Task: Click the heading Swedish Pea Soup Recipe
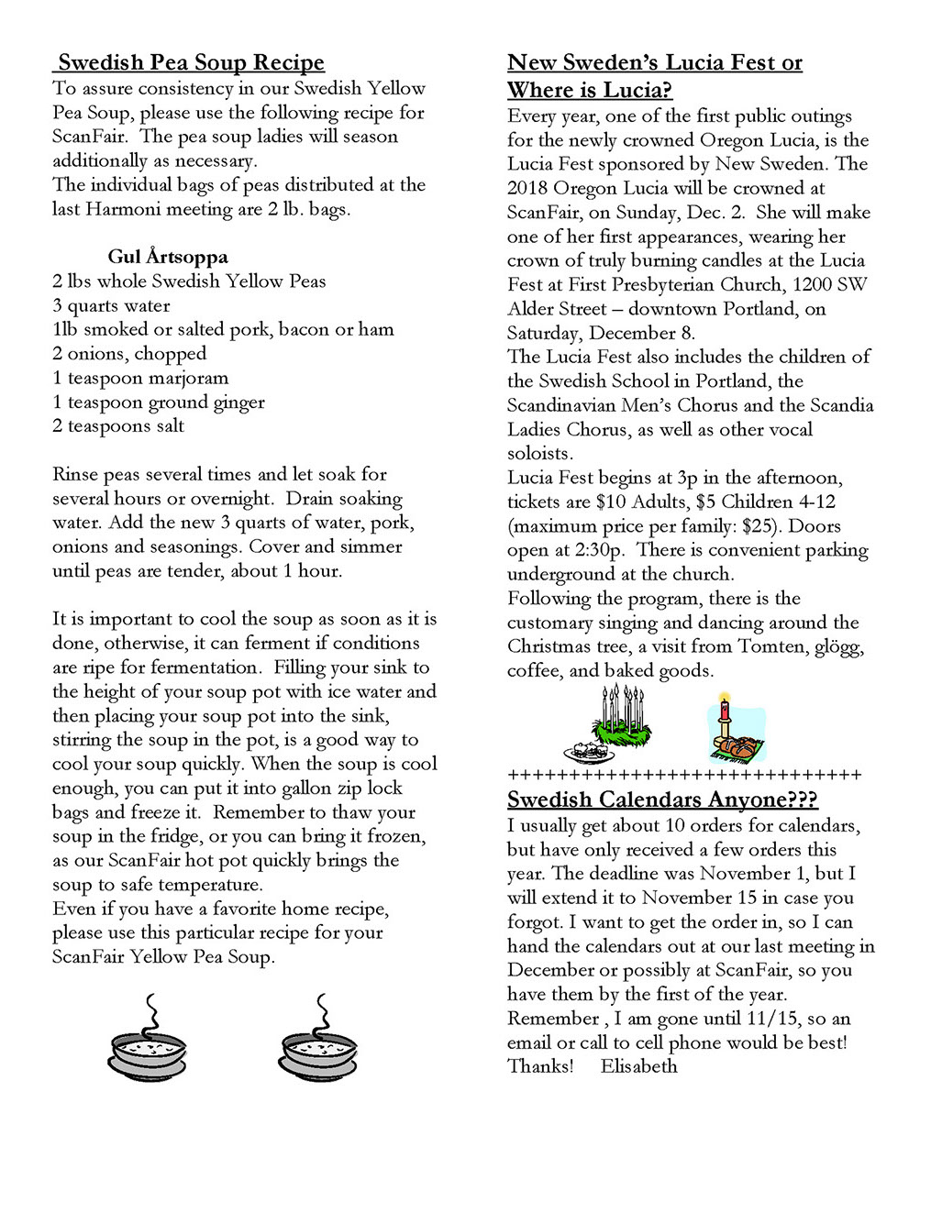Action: pyautogui.click(x=191, y=62)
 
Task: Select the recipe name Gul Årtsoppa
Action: pyautogui.click(x=168, y=257)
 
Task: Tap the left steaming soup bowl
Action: pyautogui.click(x=149, y=1040)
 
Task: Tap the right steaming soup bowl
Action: pyautogui.click(x=317, y=1040)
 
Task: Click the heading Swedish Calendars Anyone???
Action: pyautogui.click(x=662, y=799)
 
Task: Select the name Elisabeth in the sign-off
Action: pyautogui.click(x=638, y=1066)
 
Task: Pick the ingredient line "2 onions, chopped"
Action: pyautogui.click(x=129, y=354)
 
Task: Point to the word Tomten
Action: pyautogui.click(x=773, y=646)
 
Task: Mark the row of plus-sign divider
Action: pyautogui.click(x=684, y=775)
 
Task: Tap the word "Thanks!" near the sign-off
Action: pyautogui.click(x=540, y=1066)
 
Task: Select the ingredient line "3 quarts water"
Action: pyautogui.click(x=112, y=305)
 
